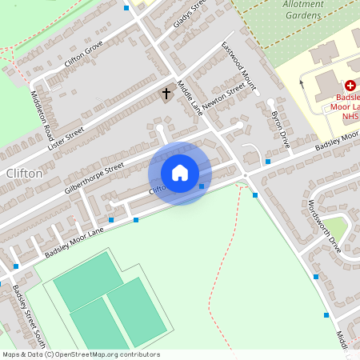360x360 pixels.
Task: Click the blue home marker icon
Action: pyautogui.click(x=180, y=172)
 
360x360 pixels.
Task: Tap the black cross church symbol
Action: pyautogui.click(x=166, y=94)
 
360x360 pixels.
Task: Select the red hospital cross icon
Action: pyautogui.click(x=350, y=85)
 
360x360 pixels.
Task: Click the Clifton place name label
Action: pyautogui.click(x=23, y=173)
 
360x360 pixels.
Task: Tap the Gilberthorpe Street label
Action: pyautogui.click(x=94, y=179)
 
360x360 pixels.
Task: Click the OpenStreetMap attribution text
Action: pyautogui.click(x=81, y=354)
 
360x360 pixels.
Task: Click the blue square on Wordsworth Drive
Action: pyautogui.click(x=317, y=277)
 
